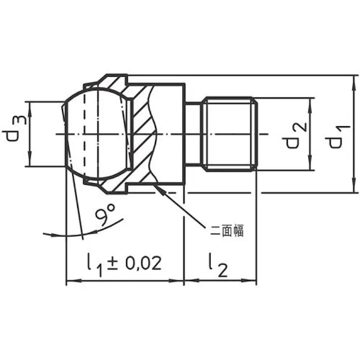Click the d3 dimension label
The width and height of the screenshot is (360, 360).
click(14, 128)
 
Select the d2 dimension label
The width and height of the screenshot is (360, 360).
click(294, 135)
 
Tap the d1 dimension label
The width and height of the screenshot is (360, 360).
click(338, 137)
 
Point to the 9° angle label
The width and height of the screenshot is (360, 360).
click(105, 215)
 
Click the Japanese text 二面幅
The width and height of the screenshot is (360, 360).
click(227, 231)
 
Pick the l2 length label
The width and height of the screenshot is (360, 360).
click(218, 265)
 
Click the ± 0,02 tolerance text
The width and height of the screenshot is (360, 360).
click(134, 263)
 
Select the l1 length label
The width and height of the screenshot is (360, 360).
click(94, 265)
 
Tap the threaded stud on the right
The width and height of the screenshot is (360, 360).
click(230, 134)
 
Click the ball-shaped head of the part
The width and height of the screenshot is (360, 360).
click(97, 134)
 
